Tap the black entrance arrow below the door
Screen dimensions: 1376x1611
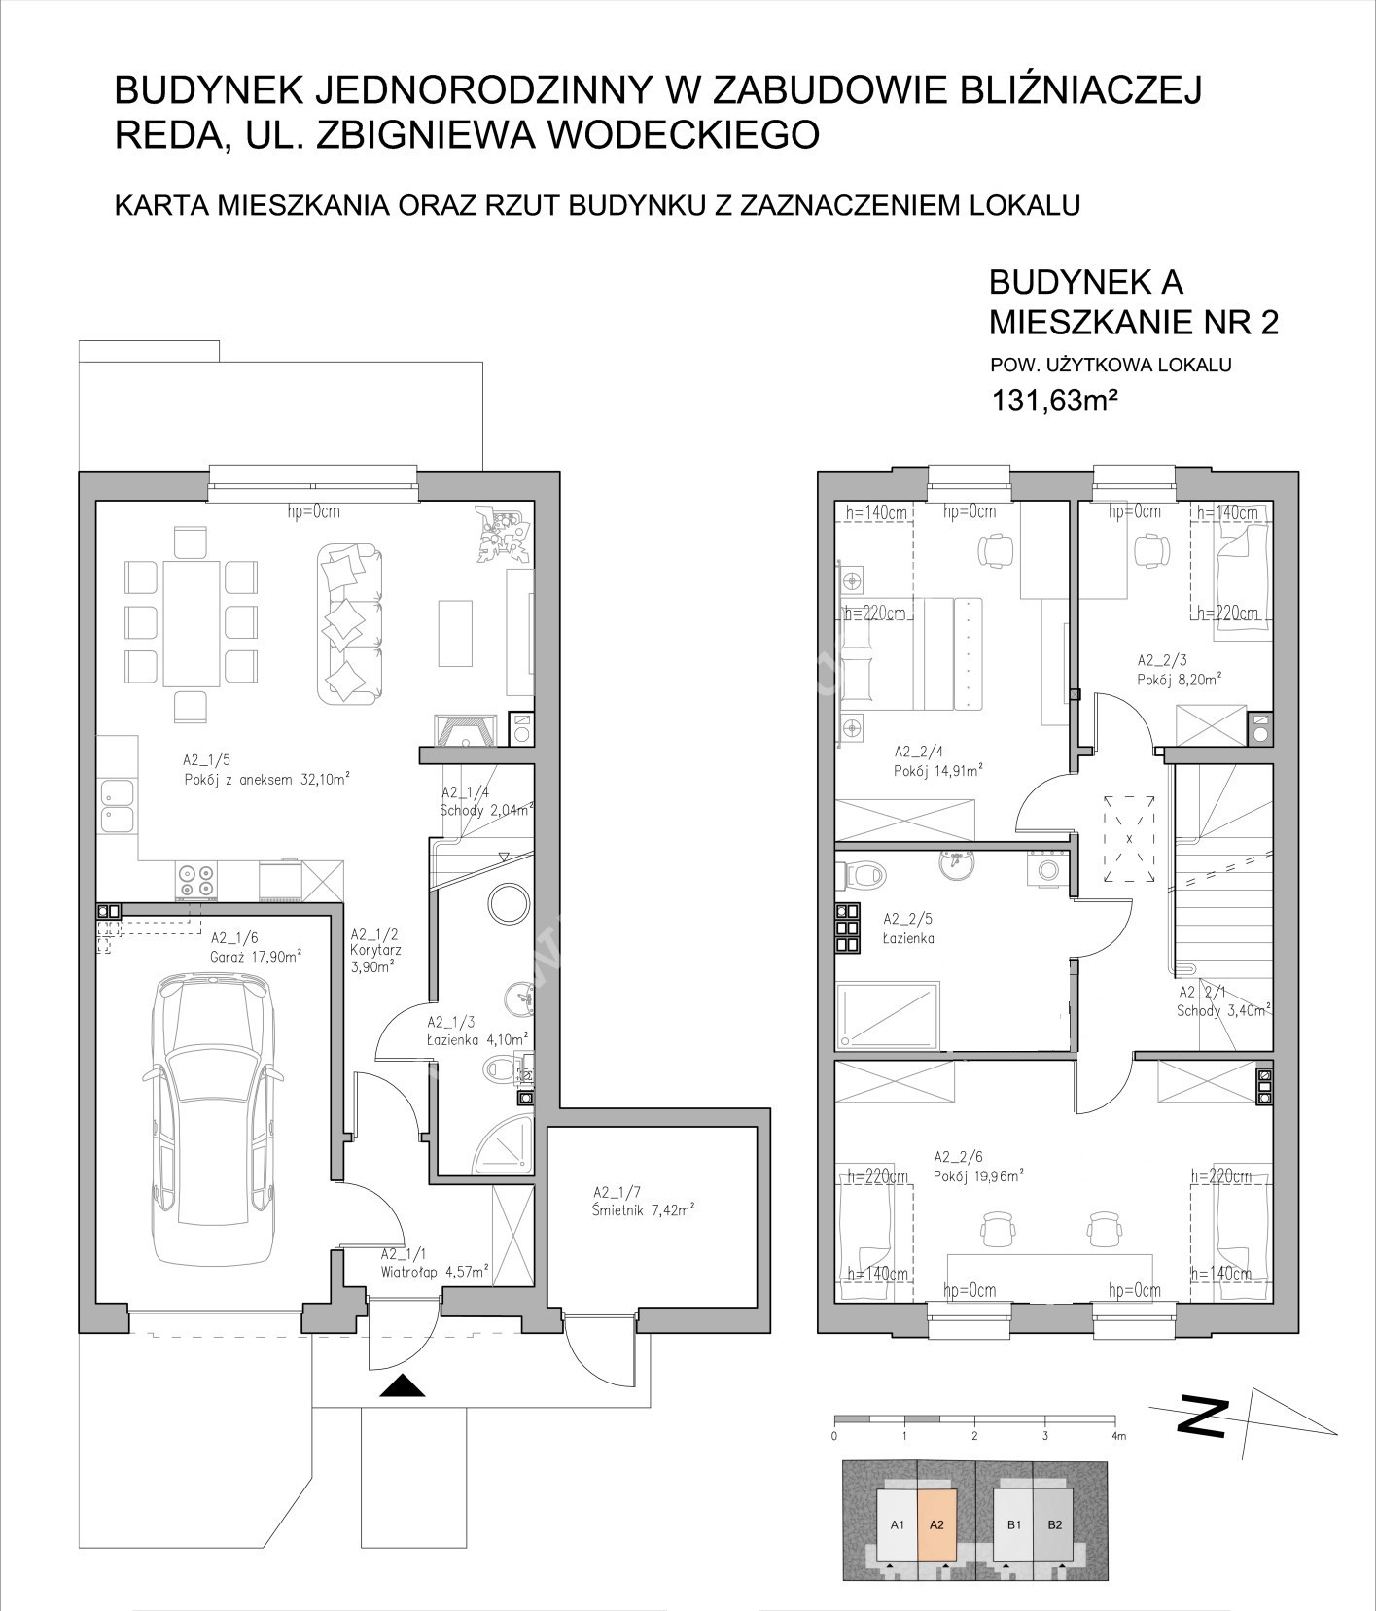click(402, 1385)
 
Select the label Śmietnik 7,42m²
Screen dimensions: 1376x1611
click(645, 1210)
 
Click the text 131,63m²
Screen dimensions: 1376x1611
click(1050, 399)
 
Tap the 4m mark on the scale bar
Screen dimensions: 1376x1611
click(1117, 1436)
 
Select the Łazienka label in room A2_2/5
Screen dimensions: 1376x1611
click(908, 939)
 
